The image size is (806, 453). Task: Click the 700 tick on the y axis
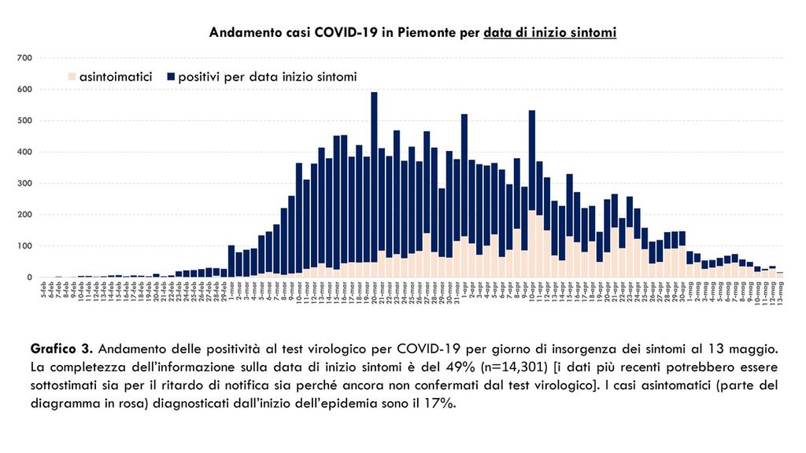(x=24, y=58)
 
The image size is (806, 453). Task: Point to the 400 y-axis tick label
(x=24, y=152)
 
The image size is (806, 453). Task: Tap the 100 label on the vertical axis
(x=24, y=246)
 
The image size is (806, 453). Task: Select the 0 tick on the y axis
(x=27, y=278)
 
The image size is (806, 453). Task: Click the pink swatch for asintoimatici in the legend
(x=72, y=77)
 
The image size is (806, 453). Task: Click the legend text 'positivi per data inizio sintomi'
(x=268, y=77)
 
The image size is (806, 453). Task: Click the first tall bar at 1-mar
(x=231, y=260)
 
